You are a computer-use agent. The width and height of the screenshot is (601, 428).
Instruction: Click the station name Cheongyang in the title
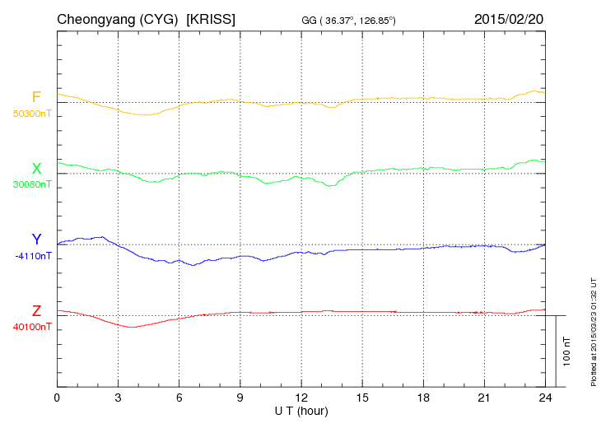(91, 18)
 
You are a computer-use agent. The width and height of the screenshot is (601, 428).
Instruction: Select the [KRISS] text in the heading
(212, 18)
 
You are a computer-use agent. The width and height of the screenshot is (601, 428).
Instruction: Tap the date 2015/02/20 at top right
(509, 18)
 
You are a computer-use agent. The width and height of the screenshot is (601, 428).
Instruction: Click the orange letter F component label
(36, 97)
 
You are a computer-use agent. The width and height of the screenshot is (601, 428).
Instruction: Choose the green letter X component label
(36, 169)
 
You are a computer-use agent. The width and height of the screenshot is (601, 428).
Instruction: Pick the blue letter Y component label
(36, 240)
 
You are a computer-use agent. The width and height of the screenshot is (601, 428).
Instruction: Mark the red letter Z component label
(36, 311)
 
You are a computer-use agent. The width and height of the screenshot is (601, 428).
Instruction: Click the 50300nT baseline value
(32, 114)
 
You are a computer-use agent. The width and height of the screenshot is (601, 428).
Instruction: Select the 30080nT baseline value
(32, 184)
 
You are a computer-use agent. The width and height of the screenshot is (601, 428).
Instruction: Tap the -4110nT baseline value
(33, 256)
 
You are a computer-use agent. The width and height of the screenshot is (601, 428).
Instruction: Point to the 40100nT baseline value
(32, 327)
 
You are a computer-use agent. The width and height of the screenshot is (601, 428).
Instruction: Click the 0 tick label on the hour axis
(57, 398)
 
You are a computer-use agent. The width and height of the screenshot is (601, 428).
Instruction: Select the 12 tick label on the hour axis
(301, 398)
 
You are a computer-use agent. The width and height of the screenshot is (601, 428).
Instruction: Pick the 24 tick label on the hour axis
(545, 398)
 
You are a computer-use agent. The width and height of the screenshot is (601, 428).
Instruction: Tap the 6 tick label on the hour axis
(179, 398)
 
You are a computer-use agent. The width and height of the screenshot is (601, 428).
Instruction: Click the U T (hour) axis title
(301, 410)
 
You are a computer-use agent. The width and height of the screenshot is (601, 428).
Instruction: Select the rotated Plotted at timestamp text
(593, 329)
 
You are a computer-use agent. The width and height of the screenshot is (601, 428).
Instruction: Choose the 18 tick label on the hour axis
(423, 398)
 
